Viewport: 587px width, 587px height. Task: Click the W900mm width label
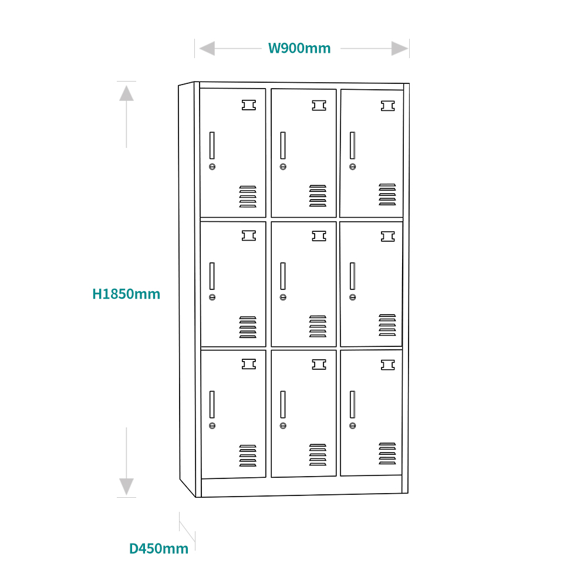[x=299, y=48]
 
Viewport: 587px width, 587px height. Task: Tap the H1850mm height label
[x=126, y=293]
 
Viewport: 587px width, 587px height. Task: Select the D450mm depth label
[x=159, y=548]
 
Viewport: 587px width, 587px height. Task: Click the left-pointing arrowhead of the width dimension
[x=207, y=49]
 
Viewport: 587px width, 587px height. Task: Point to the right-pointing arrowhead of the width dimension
[x=400, y=49]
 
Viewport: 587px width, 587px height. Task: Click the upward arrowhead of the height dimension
[x=126, y=93]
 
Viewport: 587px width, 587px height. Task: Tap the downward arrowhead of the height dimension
[x=126, y=487]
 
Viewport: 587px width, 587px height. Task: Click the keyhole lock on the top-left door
[x=212, y=167]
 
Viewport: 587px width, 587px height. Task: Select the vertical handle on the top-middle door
[x=283, y=145]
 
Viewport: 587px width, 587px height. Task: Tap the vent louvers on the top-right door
[x=387, y=194]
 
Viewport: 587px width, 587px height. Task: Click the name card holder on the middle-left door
[x=249, y=235]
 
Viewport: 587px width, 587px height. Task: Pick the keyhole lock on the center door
[x=283, y=297]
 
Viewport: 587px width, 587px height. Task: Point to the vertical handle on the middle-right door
[x=352, y=276]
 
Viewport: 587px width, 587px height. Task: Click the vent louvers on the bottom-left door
[x=248, y=456]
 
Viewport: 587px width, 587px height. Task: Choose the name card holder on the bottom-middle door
[x=319, y=365]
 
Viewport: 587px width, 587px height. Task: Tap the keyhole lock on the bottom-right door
[x=352, y=426]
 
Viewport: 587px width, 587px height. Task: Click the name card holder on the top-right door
[x=387, y=106]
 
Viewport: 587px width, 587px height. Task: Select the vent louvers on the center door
[x=318, y=326]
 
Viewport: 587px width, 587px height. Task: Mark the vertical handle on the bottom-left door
[x=212, y=404]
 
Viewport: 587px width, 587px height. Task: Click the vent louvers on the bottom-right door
[x=387, y=454]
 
